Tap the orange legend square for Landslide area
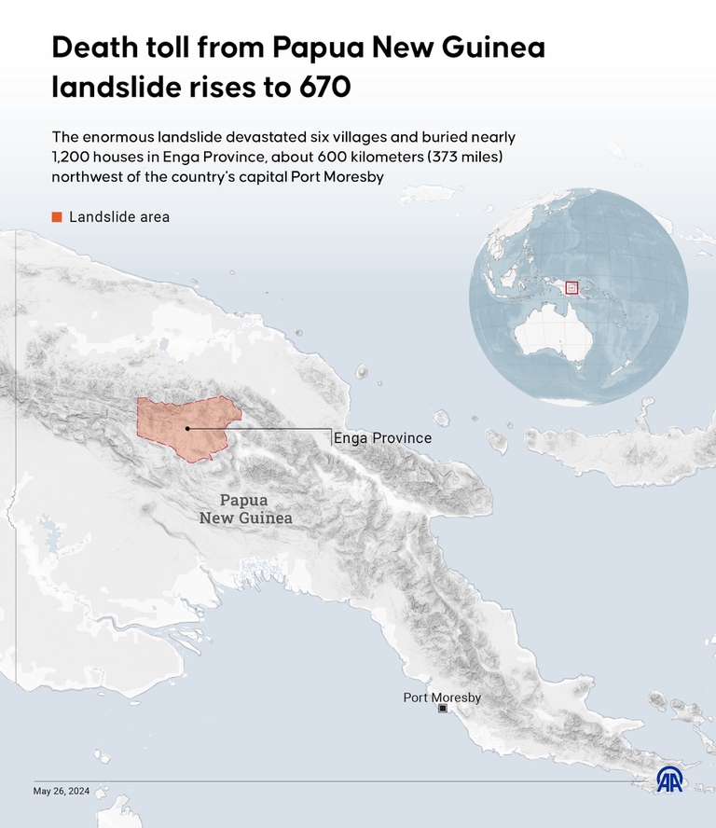(57, 217)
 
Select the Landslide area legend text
(119, 217)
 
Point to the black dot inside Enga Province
(187, 429)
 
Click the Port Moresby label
(442, 697)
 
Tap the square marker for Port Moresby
(443, 710)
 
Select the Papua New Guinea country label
(245, 509)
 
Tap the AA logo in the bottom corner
(668, 780)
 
